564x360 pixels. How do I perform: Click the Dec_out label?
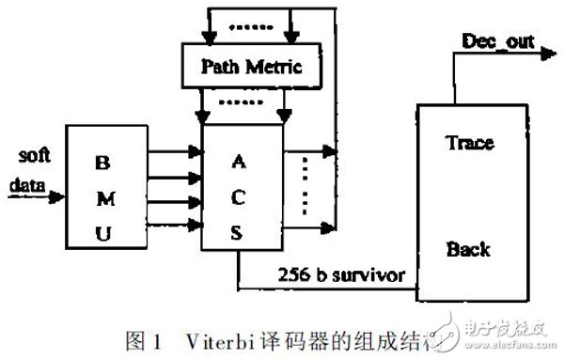coord(494,40)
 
